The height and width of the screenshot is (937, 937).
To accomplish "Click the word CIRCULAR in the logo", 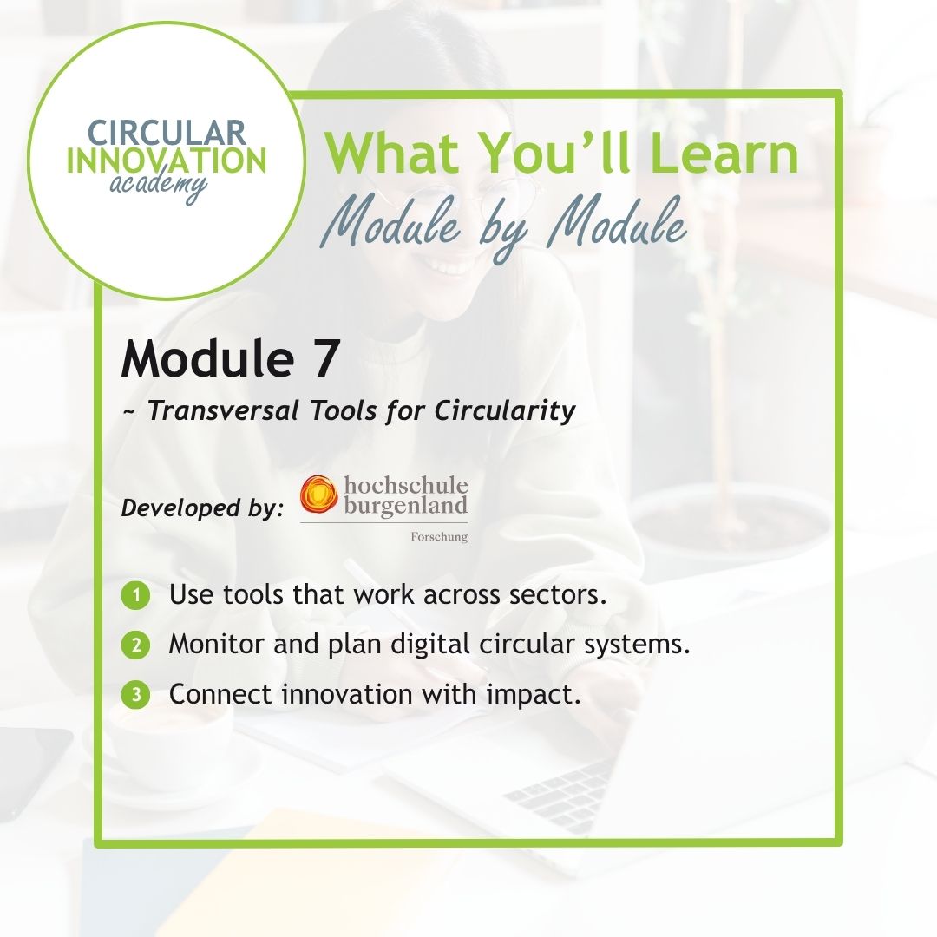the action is click(167, 133).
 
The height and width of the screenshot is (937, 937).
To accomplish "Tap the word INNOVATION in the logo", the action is click(167, 161).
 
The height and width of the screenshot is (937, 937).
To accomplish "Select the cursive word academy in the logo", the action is click(159, 186).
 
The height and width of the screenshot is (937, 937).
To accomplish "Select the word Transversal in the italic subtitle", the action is click(223, 410).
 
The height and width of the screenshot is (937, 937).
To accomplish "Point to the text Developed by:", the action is click(202, 508).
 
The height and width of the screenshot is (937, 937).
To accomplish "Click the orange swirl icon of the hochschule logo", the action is click(318, 495).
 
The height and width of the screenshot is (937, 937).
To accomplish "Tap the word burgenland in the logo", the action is click(406, 506).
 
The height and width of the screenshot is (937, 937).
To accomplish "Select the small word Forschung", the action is click(439, 537).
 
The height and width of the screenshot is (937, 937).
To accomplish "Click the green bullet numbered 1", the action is click(135, 595).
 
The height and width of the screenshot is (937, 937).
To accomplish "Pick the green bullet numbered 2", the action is click(135, 645).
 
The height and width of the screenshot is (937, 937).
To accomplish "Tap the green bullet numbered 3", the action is click(135, 695).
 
